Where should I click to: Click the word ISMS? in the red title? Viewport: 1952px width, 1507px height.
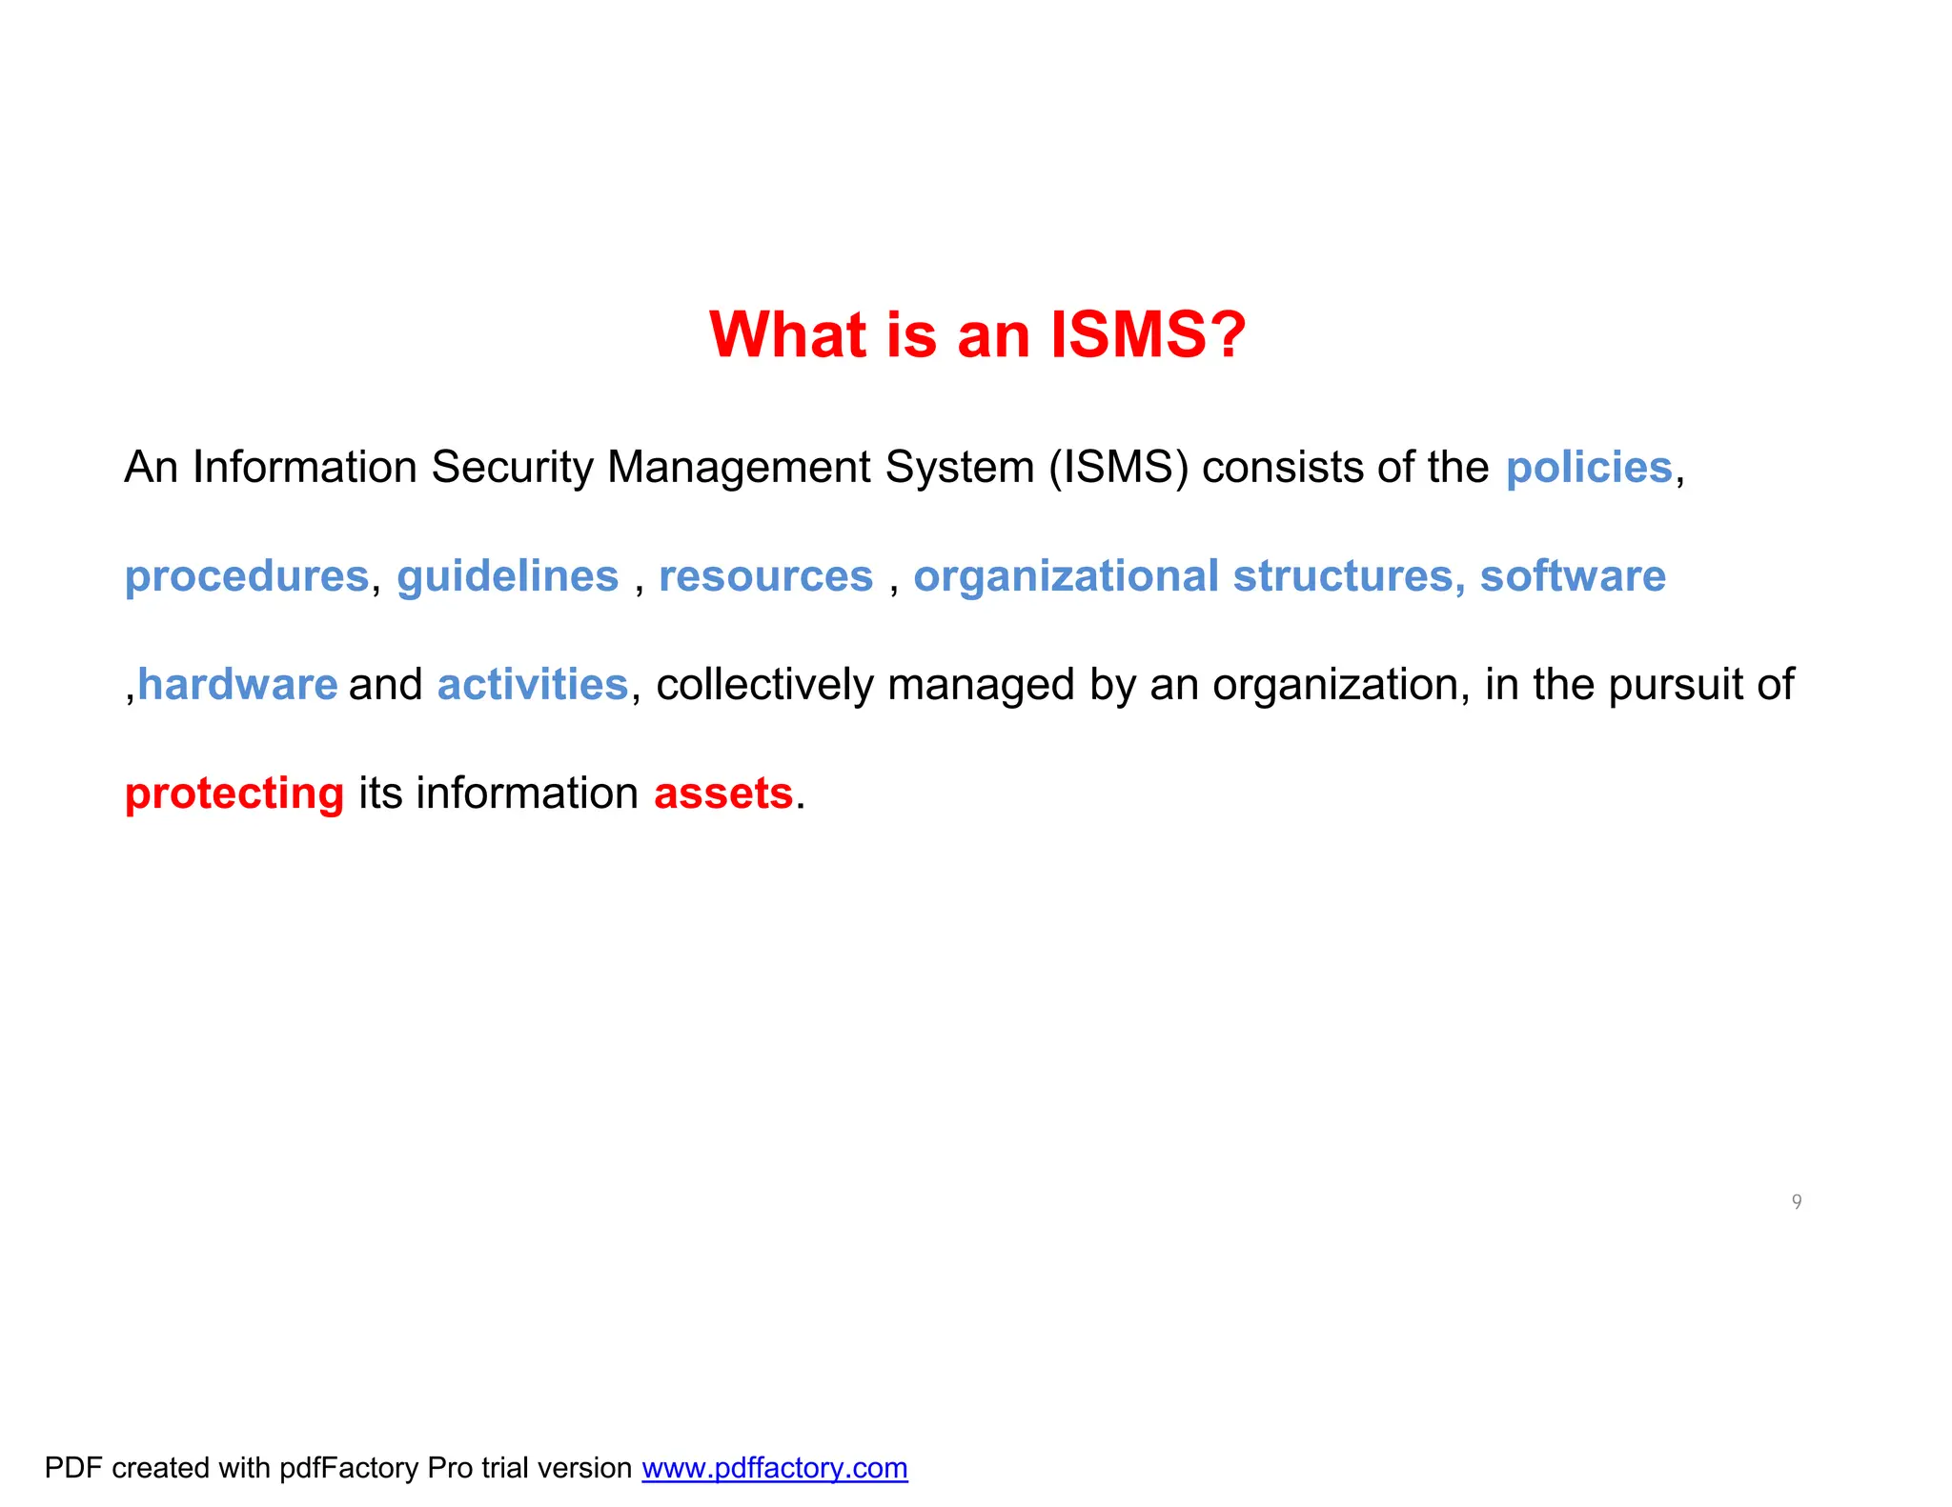point(1148,335)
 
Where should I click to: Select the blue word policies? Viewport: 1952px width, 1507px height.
point(1589,468)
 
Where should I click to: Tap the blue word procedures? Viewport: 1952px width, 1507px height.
point(247,576)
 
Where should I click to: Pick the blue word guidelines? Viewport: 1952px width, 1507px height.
point(507,576)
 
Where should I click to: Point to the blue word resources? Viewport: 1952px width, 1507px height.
point(765,576)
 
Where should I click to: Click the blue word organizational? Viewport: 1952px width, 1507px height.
point(1066,576)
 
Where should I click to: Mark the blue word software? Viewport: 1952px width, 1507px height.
point(1573,576)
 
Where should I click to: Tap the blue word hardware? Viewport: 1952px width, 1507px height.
point(237,685)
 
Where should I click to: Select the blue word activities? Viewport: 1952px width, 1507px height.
point(533,685)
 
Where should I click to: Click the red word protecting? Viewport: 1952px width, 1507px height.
point(234,794)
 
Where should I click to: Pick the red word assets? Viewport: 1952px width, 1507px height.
point(723,794)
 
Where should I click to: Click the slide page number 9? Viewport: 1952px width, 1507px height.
point(1797,1201)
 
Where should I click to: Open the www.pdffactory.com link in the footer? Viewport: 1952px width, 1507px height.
point(774,1468)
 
